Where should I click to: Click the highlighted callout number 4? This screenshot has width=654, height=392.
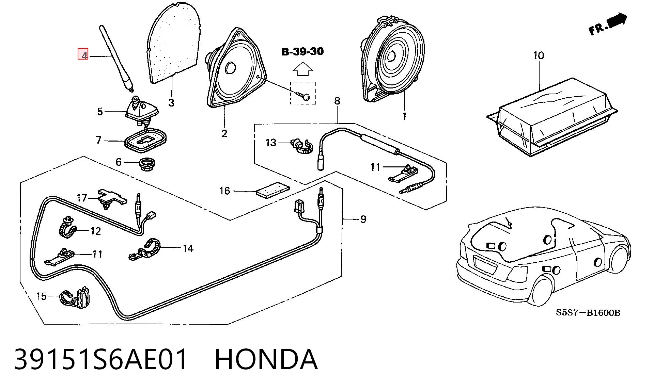[83, 54]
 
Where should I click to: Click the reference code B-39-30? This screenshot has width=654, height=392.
[302, 52]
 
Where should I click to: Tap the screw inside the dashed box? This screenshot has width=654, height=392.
[303, 95]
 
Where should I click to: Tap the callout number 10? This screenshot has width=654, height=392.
[539, 55]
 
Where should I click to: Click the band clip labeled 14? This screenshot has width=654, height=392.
[144, 250]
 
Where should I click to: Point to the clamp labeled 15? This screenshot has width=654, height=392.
[75, 297]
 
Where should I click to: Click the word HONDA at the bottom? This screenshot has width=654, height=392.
[266, 359]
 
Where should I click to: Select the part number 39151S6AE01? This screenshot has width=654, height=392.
[101, 359]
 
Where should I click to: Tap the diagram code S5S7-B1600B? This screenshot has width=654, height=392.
[588, 313]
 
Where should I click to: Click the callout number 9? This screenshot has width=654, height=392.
[363, 219]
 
